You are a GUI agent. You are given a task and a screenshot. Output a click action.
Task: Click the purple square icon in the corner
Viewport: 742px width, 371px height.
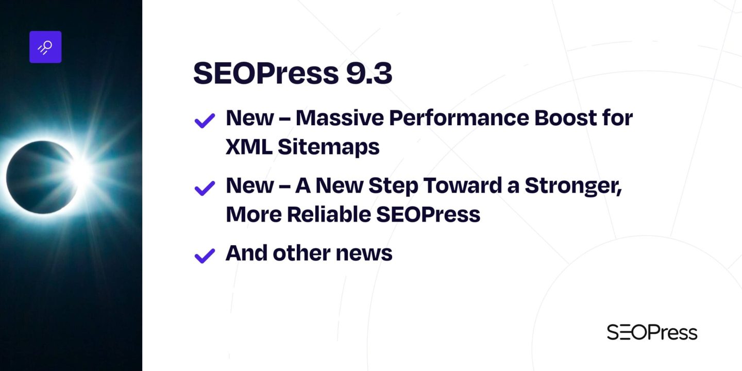point(45,47)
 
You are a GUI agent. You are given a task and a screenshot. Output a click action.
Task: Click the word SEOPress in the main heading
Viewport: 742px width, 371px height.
point(263,74)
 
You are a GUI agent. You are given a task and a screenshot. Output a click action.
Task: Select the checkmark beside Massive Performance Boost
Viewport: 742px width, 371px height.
point(205,121)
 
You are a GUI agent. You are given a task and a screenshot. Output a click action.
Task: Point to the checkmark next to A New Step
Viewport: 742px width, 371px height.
point(205,188)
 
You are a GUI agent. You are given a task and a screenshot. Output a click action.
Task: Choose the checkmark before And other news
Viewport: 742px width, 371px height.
point(205,255)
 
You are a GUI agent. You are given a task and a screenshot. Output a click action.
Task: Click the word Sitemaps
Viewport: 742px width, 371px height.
point(329,147)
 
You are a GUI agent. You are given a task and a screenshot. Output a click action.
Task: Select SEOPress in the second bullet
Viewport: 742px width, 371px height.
point(428,214)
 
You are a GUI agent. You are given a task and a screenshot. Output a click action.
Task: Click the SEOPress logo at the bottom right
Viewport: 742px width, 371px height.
point(652,332)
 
